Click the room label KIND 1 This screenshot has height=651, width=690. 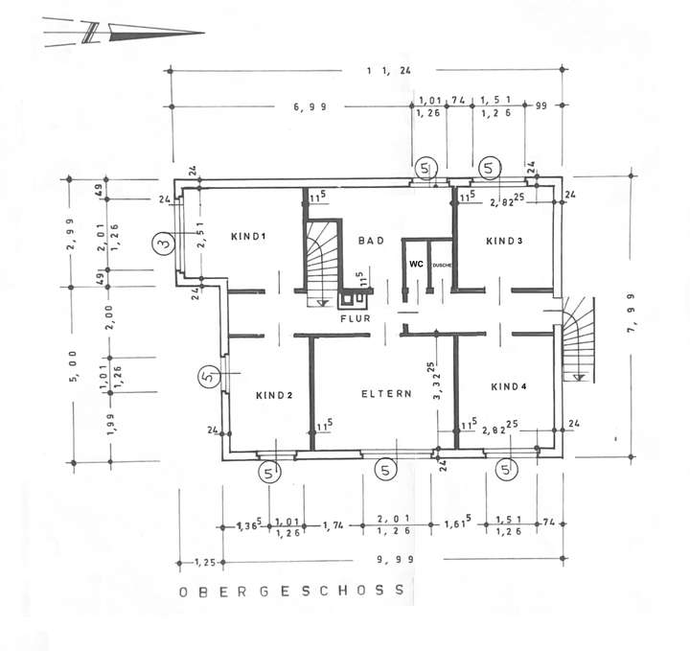pyautogui.click(x=246, y=237)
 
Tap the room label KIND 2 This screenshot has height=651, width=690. pyautogui.click(x=273, y=395)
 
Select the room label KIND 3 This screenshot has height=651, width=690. pyautogui.click(x=504, y=241)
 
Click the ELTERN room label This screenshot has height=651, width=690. pyautogui.click(x=386, y=394)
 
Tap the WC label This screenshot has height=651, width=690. pyautogui.click(x=416, y=263)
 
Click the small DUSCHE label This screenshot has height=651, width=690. pyautogui.click(x=442, y=264)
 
